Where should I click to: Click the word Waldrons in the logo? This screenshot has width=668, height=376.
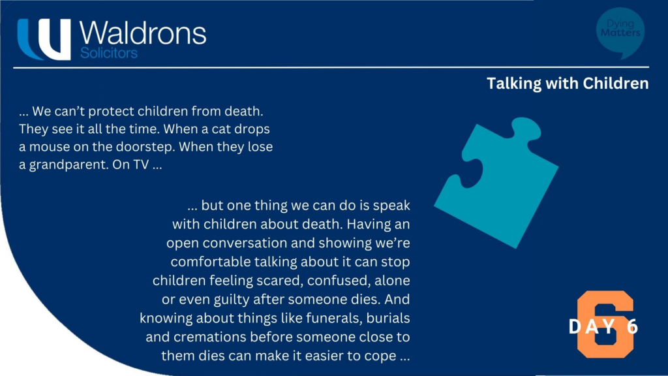(143, 33)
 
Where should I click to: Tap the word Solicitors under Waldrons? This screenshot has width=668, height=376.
(109, 53)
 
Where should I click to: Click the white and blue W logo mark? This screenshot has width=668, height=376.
(44, 39)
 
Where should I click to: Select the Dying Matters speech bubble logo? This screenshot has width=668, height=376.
(620, 33)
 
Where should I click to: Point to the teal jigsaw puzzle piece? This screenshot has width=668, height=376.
(496, 182)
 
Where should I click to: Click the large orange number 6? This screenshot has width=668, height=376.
(605, 324)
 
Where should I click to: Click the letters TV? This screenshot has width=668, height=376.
(141, 164)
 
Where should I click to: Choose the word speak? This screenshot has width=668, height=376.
(391, 206)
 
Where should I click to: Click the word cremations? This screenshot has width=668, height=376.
(209, 337)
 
